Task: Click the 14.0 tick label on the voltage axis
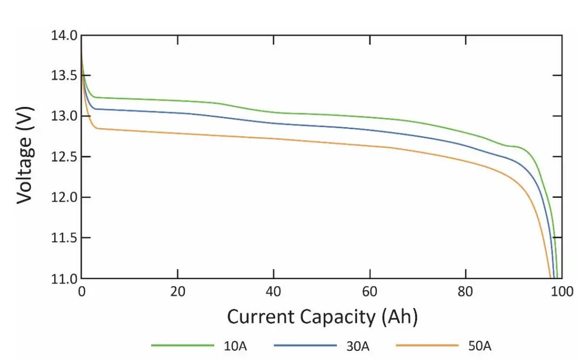click(64, 36)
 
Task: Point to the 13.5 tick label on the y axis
click(64, 76)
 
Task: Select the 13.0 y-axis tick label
click(64, 116)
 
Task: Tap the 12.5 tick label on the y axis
click(64, 157)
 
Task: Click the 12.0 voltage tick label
click(64, 197)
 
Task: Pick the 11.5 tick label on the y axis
click(64, 238)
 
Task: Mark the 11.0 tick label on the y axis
click(64, 278)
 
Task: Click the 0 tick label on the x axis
click(81, 292)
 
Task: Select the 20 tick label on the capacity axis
click(178, 292)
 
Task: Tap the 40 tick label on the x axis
click(274, 292)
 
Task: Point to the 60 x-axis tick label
click(370, 292)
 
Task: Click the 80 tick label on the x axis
click(466, 292)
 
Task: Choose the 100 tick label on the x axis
click(562, 292)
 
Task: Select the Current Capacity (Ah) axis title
click(322, 317)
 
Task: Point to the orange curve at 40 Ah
click(274, 139)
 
